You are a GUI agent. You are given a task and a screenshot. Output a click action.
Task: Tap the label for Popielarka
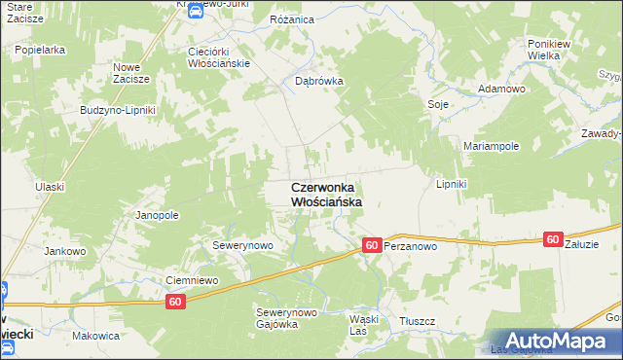(40, 47)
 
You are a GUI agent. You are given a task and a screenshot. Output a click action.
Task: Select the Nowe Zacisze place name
(130, 73)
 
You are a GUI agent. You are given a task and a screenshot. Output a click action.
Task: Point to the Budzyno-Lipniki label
(118, 110)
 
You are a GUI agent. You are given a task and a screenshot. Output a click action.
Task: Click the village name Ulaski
(49, 186)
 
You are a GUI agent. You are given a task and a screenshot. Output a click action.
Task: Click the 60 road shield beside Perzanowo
(372, 246)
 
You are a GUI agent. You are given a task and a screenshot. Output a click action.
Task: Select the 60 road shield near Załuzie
(553, 239)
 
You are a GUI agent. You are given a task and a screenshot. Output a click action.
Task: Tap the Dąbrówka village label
(319, 82)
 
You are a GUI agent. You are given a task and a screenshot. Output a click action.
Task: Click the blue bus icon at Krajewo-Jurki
(195, 11)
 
